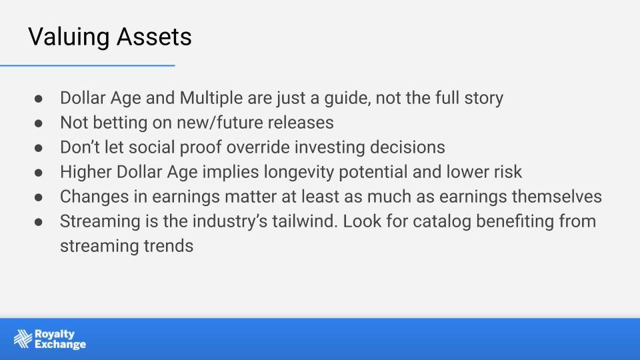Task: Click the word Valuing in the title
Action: pyautogui.click(x=69, y=37)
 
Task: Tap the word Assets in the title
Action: pyautogui.click(x=154, y=37)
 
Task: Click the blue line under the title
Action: pyautogui.click(x=87, y=65)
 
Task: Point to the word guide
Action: pyautogui.click(x=347, y=99)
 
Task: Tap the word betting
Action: pyautogui.click(x=120, y=123)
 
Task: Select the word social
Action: pyautogui.click(x=152, y=147)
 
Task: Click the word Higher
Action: pyautogui.click(x=86, y=172)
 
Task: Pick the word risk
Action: pyautogui.click(x=509, y=172)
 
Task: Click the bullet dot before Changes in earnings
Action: pyautogui.click(x=39, y=197)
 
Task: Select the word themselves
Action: pyautogui.click(x=557, y=196)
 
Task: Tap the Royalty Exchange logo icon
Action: pyautogui.click(x=23, y=339)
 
